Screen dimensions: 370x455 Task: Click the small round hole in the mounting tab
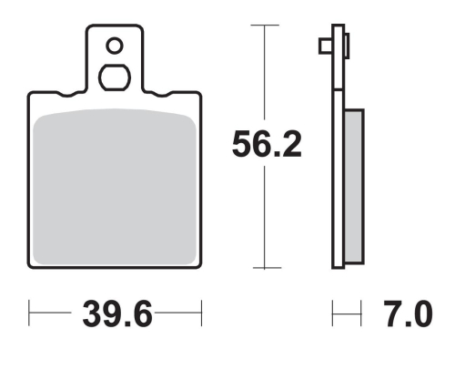point(114,45)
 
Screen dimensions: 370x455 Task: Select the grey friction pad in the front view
point(115,187)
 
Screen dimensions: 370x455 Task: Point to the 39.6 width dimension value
point(115,319)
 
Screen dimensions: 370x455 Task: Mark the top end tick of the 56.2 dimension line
point(264,25)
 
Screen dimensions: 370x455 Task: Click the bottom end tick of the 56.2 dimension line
point(264,268)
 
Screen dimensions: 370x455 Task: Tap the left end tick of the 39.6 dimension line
point(30,319)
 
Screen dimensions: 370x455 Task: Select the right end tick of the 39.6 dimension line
point(199,319)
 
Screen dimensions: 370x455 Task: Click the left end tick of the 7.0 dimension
point(333,319)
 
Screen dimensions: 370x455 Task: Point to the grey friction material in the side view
point(354,187)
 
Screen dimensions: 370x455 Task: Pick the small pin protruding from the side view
point(324,45)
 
